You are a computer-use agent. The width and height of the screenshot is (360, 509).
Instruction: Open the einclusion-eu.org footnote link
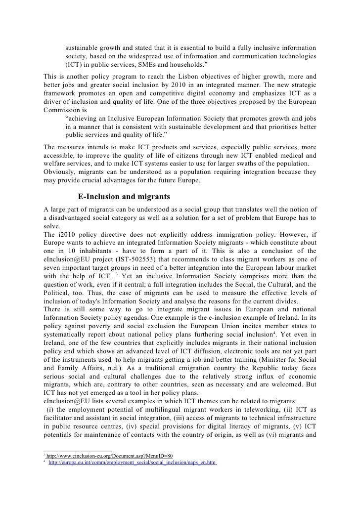coord(109,455)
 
